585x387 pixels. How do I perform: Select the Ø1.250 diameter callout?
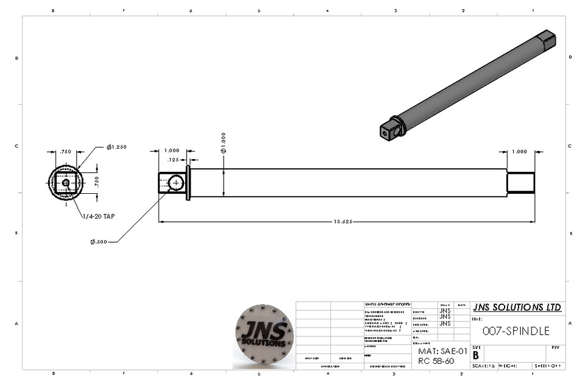(x=116, y=147)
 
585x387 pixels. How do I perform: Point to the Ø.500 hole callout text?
(x=99, y=241)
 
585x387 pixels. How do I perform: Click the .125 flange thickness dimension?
(x=173, y=160)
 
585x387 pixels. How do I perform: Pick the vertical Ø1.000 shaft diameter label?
(x=224, y=142)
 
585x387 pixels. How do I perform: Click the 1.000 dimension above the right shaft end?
(x=520, y=151)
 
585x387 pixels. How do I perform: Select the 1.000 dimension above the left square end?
(x=172, y=151)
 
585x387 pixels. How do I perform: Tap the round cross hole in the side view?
(x=177, y=182)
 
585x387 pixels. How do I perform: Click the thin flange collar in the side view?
(x=188, y=182)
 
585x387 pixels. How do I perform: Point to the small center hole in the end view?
(x=66, y=182)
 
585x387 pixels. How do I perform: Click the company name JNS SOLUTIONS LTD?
(x=517, y=307)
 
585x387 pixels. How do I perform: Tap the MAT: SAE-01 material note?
(x=442, y=352)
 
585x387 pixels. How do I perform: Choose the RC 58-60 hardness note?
(x=436, y=361)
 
